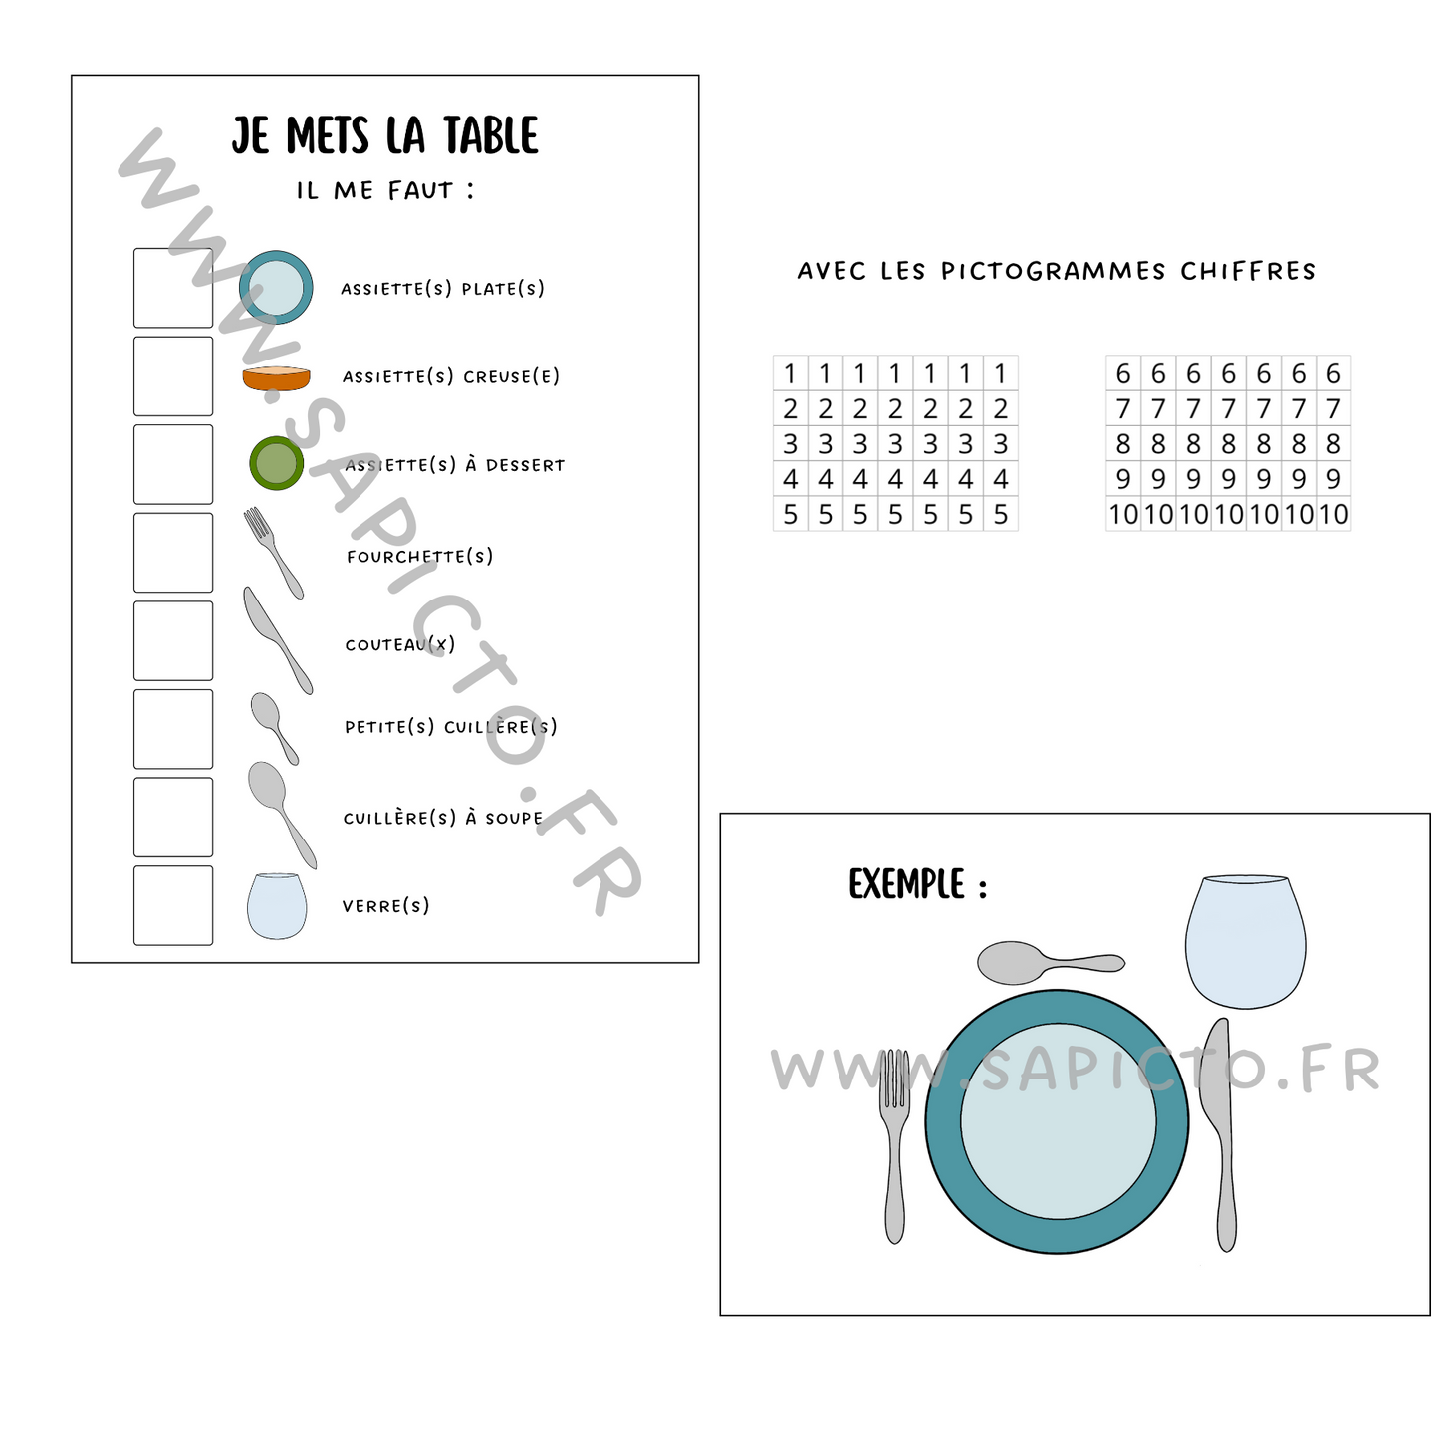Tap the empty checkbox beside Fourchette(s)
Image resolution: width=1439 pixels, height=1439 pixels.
click(x=173, y=553)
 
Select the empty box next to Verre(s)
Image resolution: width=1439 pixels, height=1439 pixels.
click(x=173, y=905)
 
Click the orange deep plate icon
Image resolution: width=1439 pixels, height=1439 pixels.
click(x=276, y=378)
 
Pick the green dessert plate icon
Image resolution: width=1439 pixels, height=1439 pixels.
click(x=276, y=463)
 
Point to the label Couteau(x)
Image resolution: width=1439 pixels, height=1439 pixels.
click(x=400, y=644)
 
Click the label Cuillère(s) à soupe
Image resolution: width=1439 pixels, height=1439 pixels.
click(x=443, y=818)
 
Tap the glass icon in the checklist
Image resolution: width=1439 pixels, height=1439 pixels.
click(x=276, y=905)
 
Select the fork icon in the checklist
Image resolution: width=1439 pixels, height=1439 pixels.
click(x=273, y=552)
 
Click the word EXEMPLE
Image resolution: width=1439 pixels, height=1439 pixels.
click(x=906, y=884)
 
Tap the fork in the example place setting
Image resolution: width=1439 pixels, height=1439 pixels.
click(x=895, y=1145)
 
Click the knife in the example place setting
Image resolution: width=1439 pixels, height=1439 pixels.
click(x=1222, y=1135)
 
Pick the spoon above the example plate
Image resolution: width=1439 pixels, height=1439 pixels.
click(x=1046, y=962)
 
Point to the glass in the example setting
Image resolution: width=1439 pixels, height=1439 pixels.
click(x=1245, y=940)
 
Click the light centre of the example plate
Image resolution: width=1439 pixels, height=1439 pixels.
click(x=1058, y=1121)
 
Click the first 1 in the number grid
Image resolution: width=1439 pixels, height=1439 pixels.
click(x=790, y=373)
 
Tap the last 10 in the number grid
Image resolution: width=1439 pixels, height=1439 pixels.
click(x=1333, y=514)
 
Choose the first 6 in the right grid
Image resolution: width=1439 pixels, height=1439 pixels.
click(x=1123, y=373)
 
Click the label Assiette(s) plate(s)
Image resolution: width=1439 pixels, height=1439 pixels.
click(x=443, y=289)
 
